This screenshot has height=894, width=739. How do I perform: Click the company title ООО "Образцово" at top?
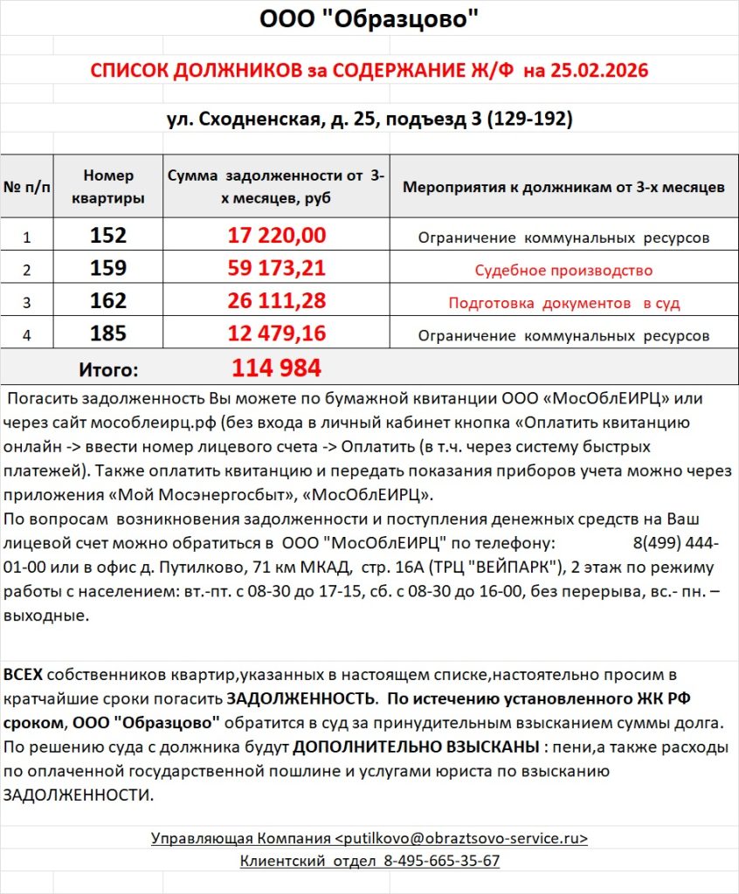click(369, 20)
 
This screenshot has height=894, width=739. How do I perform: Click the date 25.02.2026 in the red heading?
click(599, 71)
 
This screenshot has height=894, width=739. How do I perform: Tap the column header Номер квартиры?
click(108, 187)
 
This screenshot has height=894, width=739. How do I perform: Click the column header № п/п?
click(27, 187)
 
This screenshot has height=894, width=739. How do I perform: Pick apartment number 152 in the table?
click(108, 236)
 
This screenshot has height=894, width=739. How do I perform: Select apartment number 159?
click(108, 269)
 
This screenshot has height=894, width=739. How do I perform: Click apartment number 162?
click(108, 302)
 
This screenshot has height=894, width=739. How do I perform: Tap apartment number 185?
click(108, 334)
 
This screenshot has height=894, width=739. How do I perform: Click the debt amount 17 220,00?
click(277, 236)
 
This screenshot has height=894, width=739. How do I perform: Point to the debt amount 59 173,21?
click(277, 269)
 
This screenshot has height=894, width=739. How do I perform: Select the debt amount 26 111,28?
click(277, 302)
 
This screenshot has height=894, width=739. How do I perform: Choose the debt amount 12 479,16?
click(277, 334)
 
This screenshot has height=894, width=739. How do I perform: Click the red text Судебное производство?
click(563, 271)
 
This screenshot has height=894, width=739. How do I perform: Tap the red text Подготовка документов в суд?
click(563, 304)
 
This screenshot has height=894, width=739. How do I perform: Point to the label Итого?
click(108, 370)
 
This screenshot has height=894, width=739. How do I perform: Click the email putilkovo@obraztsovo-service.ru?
click(461, 838)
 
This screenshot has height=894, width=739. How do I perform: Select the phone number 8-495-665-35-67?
click(441, 861)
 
